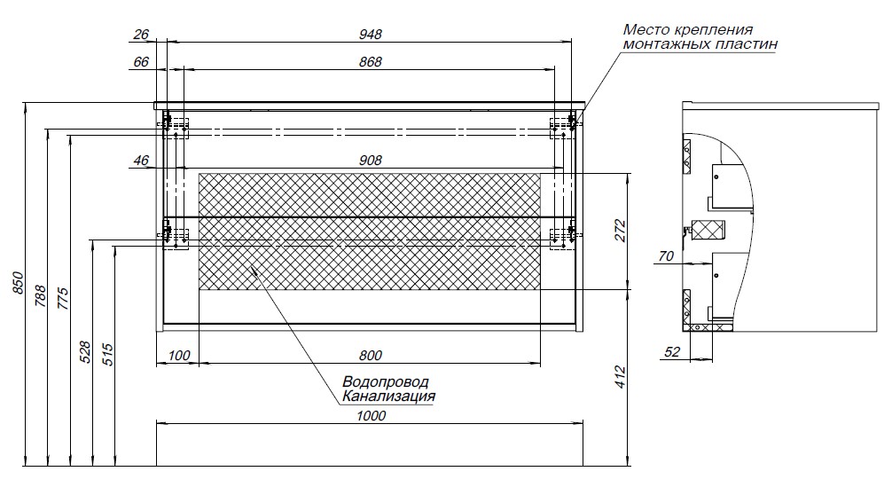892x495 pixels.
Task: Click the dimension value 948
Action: pyautogui.click(x=371, y=35)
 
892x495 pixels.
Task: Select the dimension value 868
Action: pyautogui.click(x=371, y=62)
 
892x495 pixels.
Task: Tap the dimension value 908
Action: pyautogui.click(x=371, y=161)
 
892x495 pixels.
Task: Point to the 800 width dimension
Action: pyautogui.click(x=372, y=357)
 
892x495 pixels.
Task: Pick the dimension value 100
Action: pyautogui.click(x=178, y=357)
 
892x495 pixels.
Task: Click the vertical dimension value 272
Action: pyautogui.click(x=620, y=231)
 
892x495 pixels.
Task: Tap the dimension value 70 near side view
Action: pyautogui.click(x=666, y=257)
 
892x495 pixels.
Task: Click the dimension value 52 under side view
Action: pyautogui.click(x=671, y=352)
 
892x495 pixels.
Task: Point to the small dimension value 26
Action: pyautogui.click(x=141, y=35)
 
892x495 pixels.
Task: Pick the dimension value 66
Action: pyautogui.click(x=141, y=62)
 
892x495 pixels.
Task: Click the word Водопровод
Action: pyautogui.click(x=385, y=382)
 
